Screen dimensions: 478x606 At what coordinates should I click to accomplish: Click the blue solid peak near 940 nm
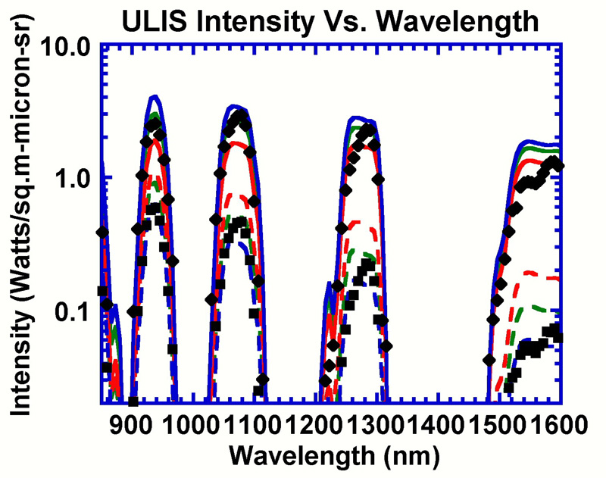click(x=155, y=96)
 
